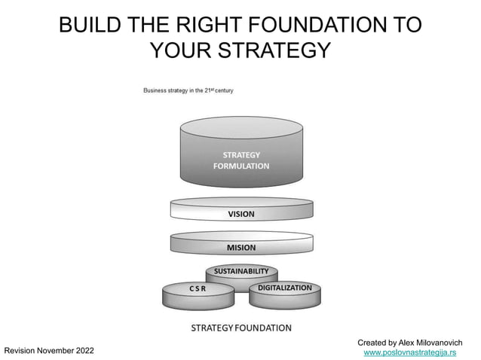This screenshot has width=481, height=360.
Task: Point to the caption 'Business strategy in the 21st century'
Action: [188, 90]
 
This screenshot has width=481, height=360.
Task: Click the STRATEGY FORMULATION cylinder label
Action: [240, 160]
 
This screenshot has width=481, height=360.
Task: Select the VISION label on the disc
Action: [241, 214]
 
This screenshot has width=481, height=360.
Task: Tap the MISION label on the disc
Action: [241, 247]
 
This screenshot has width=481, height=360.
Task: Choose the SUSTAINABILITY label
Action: [241, 270]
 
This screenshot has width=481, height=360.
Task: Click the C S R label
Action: [198, 288]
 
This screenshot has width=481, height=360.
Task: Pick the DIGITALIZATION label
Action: [285, 288]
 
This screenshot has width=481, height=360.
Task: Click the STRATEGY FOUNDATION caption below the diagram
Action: [240, 328]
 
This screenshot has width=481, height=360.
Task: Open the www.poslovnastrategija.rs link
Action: [409, 352]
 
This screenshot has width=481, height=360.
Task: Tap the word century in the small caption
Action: [222, 90]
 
